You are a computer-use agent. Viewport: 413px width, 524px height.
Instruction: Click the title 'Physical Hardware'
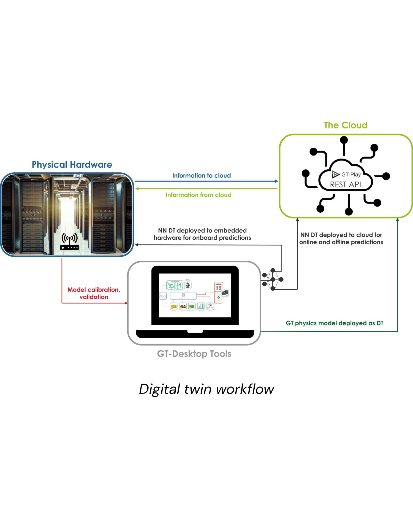[x=72, y=165]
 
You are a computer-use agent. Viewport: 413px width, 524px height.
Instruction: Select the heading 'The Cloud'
[x=346, y=125]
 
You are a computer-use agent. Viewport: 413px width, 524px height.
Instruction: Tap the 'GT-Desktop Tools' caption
[x=194, y=354]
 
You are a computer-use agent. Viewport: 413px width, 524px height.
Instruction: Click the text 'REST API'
[x=346, y=185]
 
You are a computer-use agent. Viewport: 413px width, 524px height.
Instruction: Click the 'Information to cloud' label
[x=202, y=175]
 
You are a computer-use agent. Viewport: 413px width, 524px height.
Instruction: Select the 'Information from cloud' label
[x=199, y=195]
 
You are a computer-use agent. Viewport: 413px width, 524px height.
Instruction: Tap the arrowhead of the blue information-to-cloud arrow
[x=276, y=181]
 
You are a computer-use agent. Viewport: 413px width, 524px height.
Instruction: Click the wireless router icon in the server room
[x=69, y=242]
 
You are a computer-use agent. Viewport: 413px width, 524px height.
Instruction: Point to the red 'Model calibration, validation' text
[x=94, y=293]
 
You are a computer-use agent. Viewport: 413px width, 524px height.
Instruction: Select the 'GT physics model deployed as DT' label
[x=335, y=323]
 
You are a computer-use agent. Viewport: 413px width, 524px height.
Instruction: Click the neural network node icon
[x=272, y=279]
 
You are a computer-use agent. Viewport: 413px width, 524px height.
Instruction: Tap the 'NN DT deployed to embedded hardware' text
[x=202, y=234]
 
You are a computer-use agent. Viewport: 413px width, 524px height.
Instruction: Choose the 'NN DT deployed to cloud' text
[x=341, y=238]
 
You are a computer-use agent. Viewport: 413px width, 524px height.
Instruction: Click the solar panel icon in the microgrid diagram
[x=171, y=286]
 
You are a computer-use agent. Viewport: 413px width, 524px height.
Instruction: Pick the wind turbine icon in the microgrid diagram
[x=179, y=286]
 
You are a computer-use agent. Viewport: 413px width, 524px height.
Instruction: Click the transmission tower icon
[x=188, y=285]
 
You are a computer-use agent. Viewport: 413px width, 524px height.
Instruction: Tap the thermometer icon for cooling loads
[x=219, y=297]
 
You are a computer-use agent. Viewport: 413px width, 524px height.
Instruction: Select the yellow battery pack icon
[x=174, y=306]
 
